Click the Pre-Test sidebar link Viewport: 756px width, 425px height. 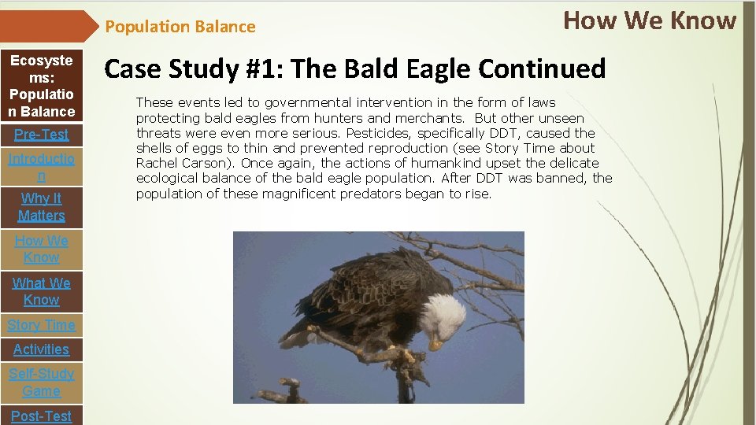(41, 135)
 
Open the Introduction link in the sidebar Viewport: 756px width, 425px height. (41, 168)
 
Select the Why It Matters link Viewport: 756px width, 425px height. (41, 207)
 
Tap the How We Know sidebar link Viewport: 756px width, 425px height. (41, 249)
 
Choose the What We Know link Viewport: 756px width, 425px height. (41, 291)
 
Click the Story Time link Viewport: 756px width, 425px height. (41, 325)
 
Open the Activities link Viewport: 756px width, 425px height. (41, 349)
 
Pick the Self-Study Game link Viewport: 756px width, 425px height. (41, 382)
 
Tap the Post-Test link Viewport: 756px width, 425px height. (41, 416)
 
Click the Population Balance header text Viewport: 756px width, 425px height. (180, 27)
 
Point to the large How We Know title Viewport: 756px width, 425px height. (650, 20)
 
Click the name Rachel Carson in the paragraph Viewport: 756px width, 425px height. (180, 163)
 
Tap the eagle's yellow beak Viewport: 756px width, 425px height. (435, 344)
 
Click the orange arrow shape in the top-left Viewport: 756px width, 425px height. (47, 26)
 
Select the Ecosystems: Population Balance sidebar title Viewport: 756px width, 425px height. (41, 86)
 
